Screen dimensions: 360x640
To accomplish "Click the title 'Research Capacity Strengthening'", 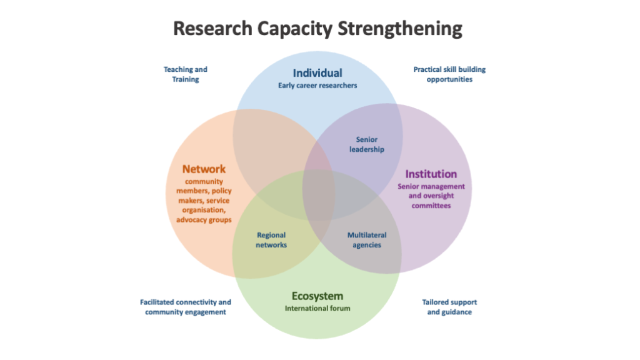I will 317,29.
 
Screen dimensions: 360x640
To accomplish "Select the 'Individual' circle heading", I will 317,73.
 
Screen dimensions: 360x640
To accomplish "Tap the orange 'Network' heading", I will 204,169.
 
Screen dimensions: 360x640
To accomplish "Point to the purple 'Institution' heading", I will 431,174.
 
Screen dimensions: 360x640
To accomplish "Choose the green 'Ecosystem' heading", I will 317,296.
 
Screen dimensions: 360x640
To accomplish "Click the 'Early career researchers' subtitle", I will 317,85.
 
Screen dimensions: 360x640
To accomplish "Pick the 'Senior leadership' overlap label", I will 367,144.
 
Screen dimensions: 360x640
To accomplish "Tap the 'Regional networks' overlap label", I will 271,240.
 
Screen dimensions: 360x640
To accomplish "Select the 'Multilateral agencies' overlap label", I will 367,240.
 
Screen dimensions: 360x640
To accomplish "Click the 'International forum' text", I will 317,308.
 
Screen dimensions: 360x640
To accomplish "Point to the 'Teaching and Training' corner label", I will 185,74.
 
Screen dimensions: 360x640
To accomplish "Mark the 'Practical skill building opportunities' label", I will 449,74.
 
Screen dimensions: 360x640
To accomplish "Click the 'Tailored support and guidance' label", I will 449,307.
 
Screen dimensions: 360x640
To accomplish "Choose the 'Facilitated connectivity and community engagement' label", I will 185,307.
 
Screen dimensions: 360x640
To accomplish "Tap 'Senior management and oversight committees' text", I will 431,196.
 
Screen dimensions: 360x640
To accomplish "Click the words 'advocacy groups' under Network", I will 204,219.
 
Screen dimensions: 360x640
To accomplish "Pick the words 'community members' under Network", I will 204,186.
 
